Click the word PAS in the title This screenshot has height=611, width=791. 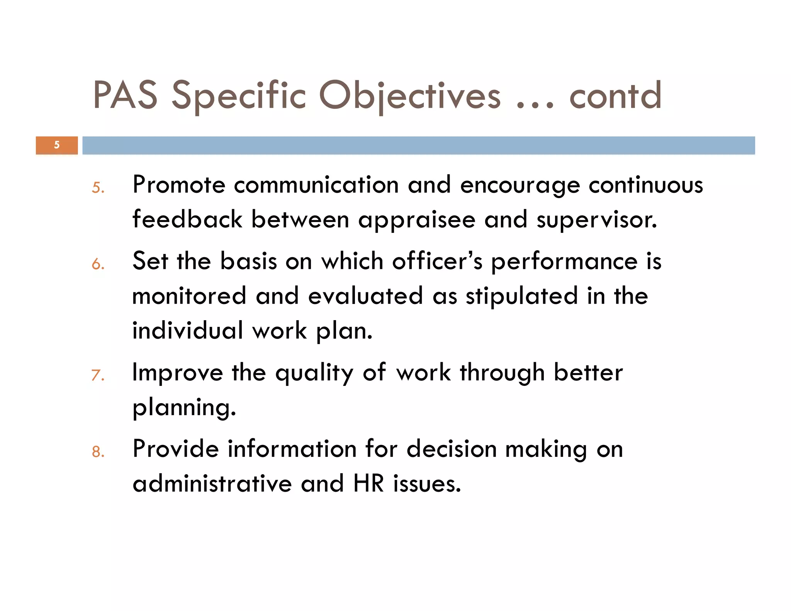pos(125,95)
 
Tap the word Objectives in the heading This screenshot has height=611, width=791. pos(409,96)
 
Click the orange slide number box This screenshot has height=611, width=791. pos(57,145)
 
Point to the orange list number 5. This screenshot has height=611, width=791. pos(98,188)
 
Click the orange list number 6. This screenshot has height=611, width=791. pos(98,264)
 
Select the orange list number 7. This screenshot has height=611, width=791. pos(98,375)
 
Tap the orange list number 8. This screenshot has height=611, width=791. pos(98,451)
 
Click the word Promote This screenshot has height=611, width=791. pos(179,185)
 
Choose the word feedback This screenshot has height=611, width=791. pos(187,219)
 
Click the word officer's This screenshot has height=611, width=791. pos(437,261)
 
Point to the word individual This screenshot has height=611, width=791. pos(188,331)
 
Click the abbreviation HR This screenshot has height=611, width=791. pos(368,484)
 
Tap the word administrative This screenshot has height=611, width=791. pos(212,484)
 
